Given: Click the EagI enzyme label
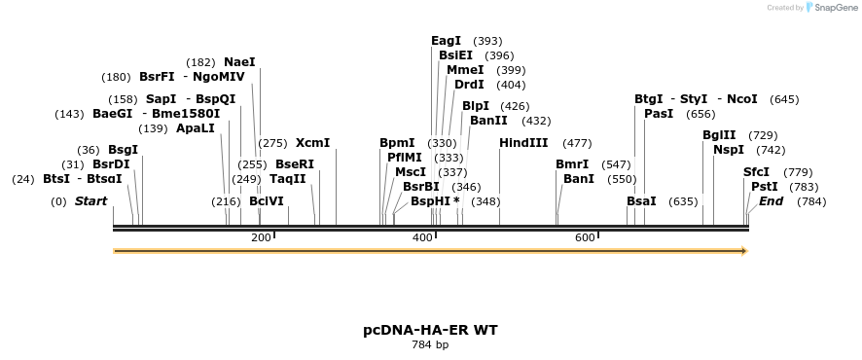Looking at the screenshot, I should point(446,41).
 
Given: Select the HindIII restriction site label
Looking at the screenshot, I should point(523,143).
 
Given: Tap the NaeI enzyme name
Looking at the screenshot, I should point(239,62).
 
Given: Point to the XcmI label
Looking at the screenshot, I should point(312,143).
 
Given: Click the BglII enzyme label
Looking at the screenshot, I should point(719,135).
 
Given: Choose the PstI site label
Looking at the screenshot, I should point(765,186).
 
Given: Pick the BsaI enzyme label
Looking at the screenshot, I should point(641,201).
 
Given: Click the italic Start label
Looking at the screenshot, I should point(90,201).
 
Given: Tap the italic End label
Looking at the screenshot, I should point(771,201).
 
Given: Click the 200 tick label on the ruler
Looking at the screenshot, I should point(261,237).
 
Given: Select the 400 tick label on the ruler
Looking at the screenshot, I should point(422,237).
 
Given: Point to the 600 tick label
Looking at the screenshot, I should point(584,237).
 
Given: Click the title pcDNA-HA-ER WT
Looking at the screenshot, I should point(430,330).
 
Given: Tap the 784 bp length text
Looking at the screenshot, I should point(430,345).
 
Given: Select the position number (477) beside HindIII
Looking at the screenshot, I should point(577,143).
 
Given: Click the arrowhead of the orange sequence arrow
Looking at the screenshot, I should point(743,251).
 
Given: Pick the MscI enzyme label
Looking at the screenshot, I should point(411,172).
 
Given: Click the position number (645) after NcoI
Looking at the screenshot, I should point(784,99).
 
